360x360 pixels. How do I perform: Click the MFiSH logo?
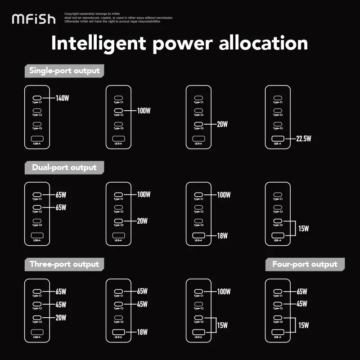point(33,19)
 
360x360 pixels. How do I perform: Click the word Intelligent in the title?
point(99,44)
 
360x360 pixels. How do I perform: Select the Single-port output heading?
point(64,71)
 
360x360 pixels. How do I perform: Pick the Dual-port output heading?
point(64,167)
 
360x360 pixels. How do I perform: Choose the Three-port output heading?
point(64,264)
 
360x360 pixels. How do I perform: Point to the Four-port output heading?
point(305,264)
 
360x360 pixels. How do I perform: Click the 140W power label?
point(63,98)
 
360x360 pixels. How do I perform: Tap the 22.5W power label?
point(303,139)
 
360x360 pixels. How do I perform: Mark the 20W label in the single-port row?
point(222,124)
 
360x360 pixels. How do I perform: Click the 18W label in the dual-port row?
point(222,235)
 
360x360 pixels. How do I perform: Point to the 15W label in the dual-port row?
point(304,229)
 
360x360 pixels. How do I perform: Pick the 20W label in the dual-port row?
point(142,221)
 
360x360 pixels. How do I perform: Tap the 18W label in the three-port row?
point(142,332)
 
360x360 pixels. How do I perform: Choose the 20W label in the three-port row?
point(61,318)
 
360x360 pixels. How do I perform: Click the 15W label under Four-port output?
point(304,325)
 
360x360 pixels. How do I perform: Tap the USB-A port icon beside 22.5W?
point(278,139)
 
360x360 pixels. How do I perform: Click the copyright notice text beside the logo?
point(118,18)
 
